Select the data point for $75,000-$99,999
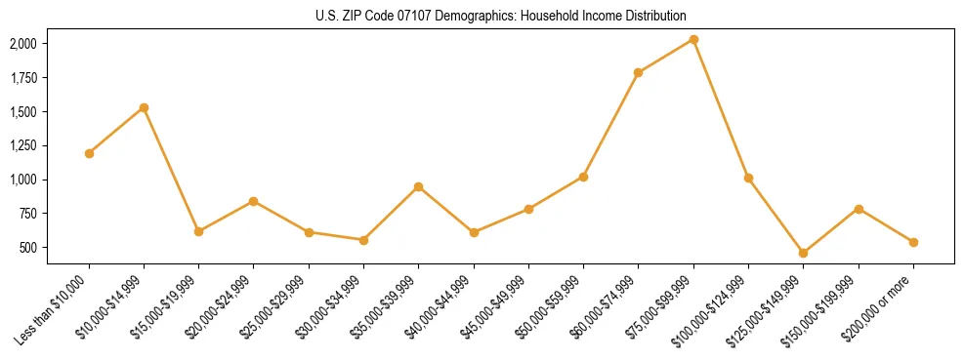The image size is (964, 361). (x=693, y=39)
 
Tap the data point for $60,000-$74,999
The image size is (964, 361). (x=639, y=72)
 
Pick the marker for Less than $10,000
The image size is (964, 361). (x=89, y=153)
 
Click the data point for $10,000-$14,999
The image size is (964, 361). (x=144, y=107)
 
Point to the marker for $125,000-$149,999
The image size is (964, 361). (x=803, y=253)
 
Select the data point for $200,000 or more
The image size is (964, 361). (x=913, y=242)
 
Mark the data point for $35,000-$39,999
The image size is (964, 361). (x=418, y=186)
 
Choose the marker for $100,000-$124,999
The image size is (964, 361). (x=748, y=178)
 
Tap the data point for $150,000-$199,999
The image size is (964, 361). (x=859, y=209)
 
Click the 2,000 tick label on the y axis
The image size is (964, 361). (x=23, y=44)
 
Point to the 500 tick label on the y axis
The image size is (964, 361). (x=28, y=248)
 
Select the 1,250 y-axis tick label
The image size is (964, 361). (x=23, y=145)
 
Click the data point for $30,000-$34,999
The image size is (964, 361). (x=363, y=240)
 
